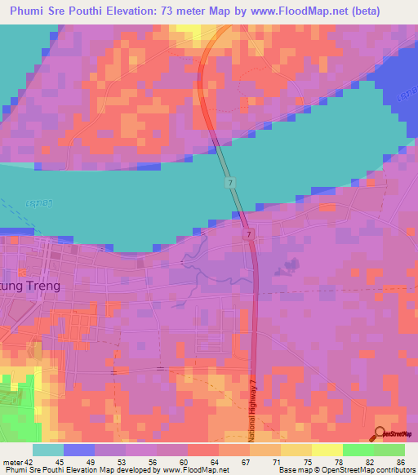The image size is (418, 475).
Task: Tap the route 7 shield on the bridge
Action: (x=231, y=181)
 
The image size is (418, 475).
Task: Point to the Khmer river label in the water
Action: (x=40, y=202)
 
